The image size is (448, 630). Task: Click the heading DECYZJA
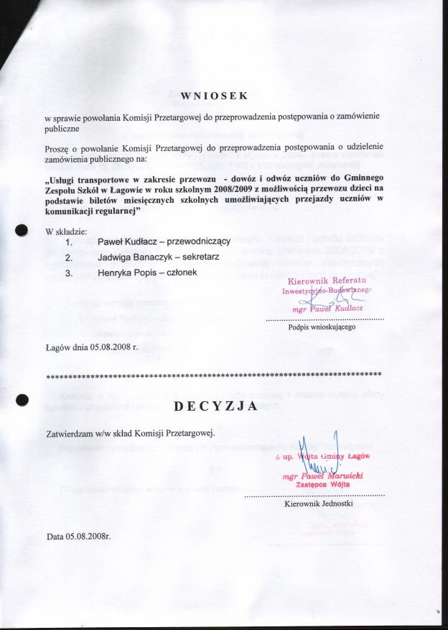click(x=216, y=406)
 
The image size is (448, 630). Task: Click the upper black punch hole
click(x=22, y=230)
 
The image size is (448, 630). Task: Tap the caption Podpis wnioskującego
click(x=322, y=327)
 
